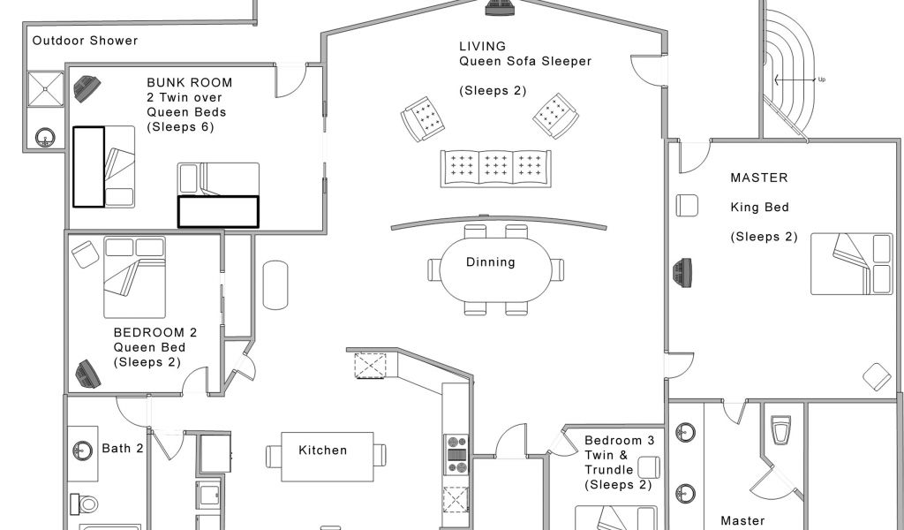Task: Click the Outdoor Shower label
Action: click(x=85, y=41)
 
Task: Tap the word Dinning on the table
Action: click(x=490, y=261)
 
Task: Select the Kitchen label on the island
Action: click(x=323, y=450)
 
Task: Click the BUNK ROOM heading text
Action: click(x=190, y=82)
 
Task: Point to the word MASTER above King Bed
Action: click(x=758, y=178)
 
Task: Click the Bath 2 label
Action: click(x=122, y=448)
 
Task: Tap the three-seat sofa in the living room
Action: click(x=496, y=169)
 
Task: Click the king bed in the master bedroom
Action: click(x=852, y=263)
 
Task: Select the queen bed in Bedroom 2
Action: click(x=134, y=276)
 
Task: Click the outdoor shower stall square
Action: click(x=46, y=89)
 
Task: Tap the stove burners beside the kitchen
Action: click(x=457, y=454)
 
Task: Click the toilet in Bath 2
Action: click(x=84, y=504)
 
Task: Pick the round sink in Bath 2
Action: click(x=82, y=450)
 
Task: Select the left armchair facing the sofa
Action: click(x=423, y=118)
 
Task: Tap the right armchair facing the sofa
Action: click(x=556, y=116)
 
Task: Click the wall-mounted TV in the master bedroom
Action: click(x=682, y=272)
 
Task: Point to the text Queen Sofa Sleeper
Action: click(x=525, y=61)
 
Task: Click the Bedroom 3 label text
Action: click(x=619, y=441)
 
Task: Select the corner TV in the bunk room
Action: click(x=87, y=89)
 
